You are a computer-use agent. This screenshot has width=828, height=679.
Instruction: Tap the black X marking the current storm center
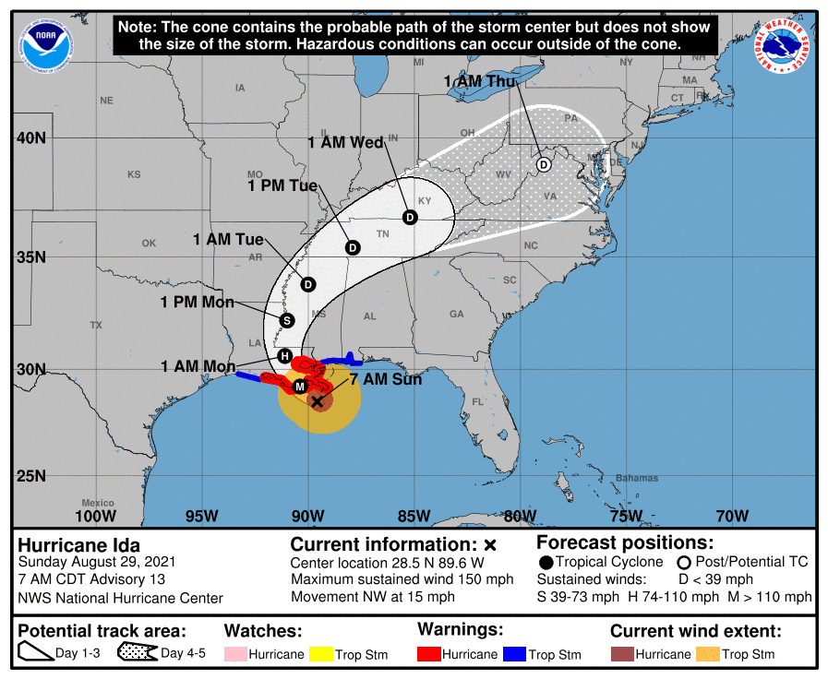coord(318,401)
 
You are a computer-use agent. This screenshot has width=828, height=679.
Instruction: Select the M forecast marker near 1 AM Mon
coord(300,387)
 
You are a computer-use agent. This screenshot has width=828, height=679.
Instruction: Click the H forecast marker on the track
coord(285,356)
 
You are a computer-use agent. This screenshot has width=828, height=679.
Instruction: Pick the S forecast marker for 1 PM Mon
coord(286,320)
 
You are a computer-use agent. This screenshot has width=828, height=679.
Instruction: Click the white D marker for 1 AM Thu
coord(544,164)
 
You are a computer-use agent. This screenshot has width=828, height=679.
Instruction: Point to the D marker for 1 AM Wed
coord(410,217)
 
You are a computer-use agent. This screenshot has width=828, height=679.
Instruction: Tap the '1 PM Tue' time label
coord(282,185)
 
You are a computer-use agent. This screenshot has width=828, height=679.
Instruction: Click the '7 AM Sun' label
coord(386,379)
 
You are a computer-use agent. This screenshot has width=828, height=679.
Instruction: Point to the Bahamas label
coord(638,478)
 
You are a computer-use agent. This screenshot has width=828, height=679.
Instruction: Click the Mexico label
coord(97,503)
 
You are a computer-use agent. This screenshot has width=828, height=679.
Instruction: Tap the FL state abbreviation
coord(477,402)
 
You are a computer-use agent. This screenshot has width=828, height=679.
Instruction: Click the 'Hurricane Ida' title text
coord(79,544)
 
